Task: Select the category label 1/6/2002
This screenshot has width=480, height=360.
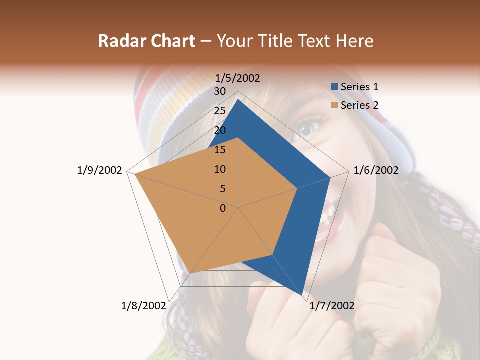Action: pyautogui.click(x=376, y=170)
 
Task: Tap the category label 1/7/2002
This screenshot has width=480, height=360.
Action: pyautogui.click(x=332, y=305)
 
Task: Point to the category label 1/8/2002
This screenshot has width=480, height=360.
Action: pyautogui.click(x=144, y=305)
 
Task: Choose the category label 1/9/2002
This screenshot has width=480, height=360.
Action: pyautogui.click(x=100, y=170)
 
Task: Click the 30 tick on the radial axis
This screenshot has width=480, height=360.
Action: pyautogui.click(x=220, y=91)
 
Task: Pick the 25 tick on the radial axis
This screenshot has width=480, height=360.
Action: pyautogui.click(x=220, y=111)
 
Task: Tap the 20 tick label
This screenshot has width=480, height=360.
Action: pyautogui.click(x=220, y=130)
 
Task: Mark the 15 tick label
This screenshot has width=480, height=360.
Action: pyautogui.click(x=220, y=150)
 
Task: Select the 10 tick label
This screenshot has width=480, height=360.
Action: pyautogui.click(x=220, y=169)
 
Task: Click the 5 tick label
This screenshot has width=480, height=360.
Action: pyautogui.click(x=222, y=189)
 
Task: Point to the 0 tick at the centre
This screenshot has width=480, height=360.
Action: pyautogui.click(x=223, y=208)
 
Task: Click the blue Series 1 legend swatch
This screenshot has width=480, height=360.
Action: pyautogui.click(x=334, y=87)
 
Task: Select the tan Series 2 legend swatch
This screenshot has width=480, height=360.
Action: pyautogui.click(x=334, y=105)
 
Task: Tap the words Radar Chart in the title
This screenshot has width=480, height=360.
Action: pyautogui.click(x=146, y=41)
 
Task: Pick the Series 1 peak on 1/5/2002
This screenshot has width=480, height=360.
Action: pyautogui.click(x=238, y=100)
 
